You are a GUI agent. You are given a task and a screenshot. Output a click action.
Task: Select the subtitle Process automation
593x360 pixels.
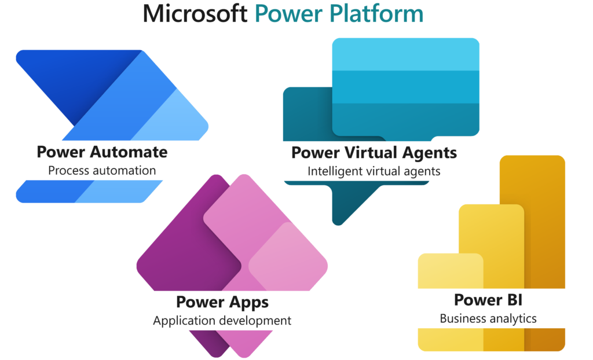click(x=102, y=171)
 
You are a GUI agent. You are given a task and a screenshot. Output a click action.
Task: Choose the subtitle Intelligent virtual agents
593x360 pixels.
click(x=374, y=171)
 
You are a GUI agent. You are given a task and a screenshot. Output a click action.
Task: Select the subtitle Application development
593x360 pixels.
click(x=222, y=321)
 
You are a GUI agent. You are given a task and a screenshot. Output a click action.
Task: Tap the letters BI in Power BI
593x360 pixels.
click(x=510, y=300)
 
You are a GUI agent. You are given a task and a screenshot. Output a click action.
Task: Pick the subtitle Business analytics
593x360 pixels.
click(x=488, y=318)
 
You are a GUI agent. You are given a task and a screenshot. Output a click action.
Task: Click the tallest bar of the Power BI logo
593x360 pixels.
click(x=544, y=220)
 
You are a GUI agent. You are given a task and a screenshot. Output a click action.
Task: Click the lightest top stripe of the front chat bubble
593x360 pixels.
click(x=405, y=54)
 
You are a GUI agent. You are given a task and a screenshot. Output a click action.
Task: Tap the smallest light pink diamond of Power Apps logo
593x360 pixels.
click(x=290, y=260)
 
